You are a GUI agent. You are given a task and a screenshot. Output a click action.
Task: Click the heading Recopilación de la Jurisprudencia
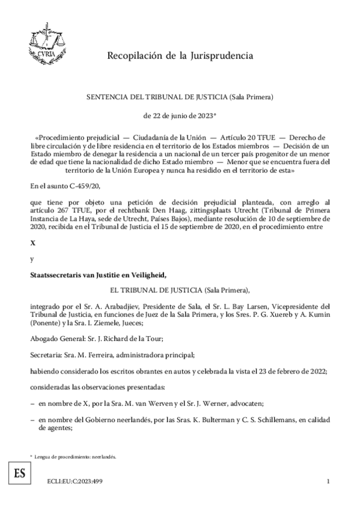[x=180, y=56]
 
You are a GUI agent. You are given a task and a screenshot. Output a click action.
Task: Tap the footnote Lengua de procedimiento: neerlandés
[x=75, y=456]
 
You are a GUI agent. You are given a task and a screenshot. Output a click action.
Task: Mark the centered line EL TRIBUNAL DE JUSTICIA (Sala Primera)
[x=180, y=289]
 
